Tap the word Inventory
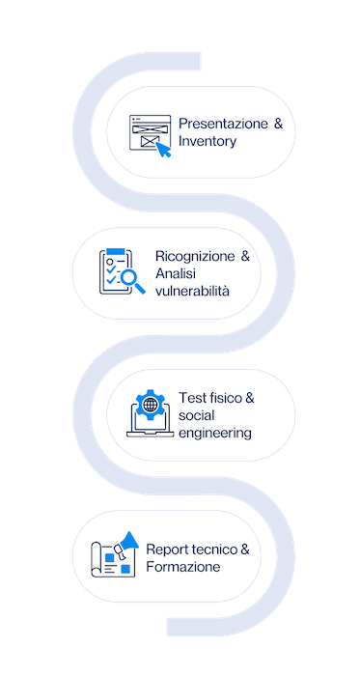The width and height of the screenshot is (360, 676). [208, 142]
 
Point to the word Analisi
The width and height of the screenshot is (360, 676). [175, 273]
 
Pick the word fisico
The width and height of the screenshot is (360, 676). [221, 398]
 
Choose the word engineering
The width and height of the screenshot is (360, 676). [215, 433]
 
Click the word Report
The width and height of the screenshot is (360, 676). [167, 549]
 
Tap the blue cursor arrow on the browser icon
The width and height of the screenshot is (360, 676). [164, 150]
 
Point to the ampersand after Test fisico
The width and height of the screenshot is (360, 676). [250, 398]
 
